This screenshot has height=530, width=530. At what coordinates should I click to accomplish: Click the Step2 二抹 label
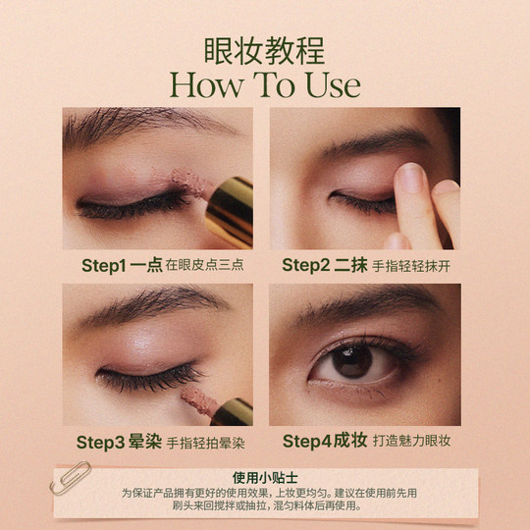324,265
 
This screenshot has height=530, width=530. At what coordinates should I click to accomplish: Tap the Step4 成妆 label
324,443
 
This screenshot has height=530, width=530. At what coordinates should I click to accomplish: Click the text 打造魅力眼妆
409,443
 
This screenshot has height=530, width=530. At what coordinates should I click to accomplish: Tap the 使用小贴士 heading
264,478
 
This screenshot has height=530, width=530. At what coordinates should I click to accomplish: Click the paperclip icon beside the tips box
76,481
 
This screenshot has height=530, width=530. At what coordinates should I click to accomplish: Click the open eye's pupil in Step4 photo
352,360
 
